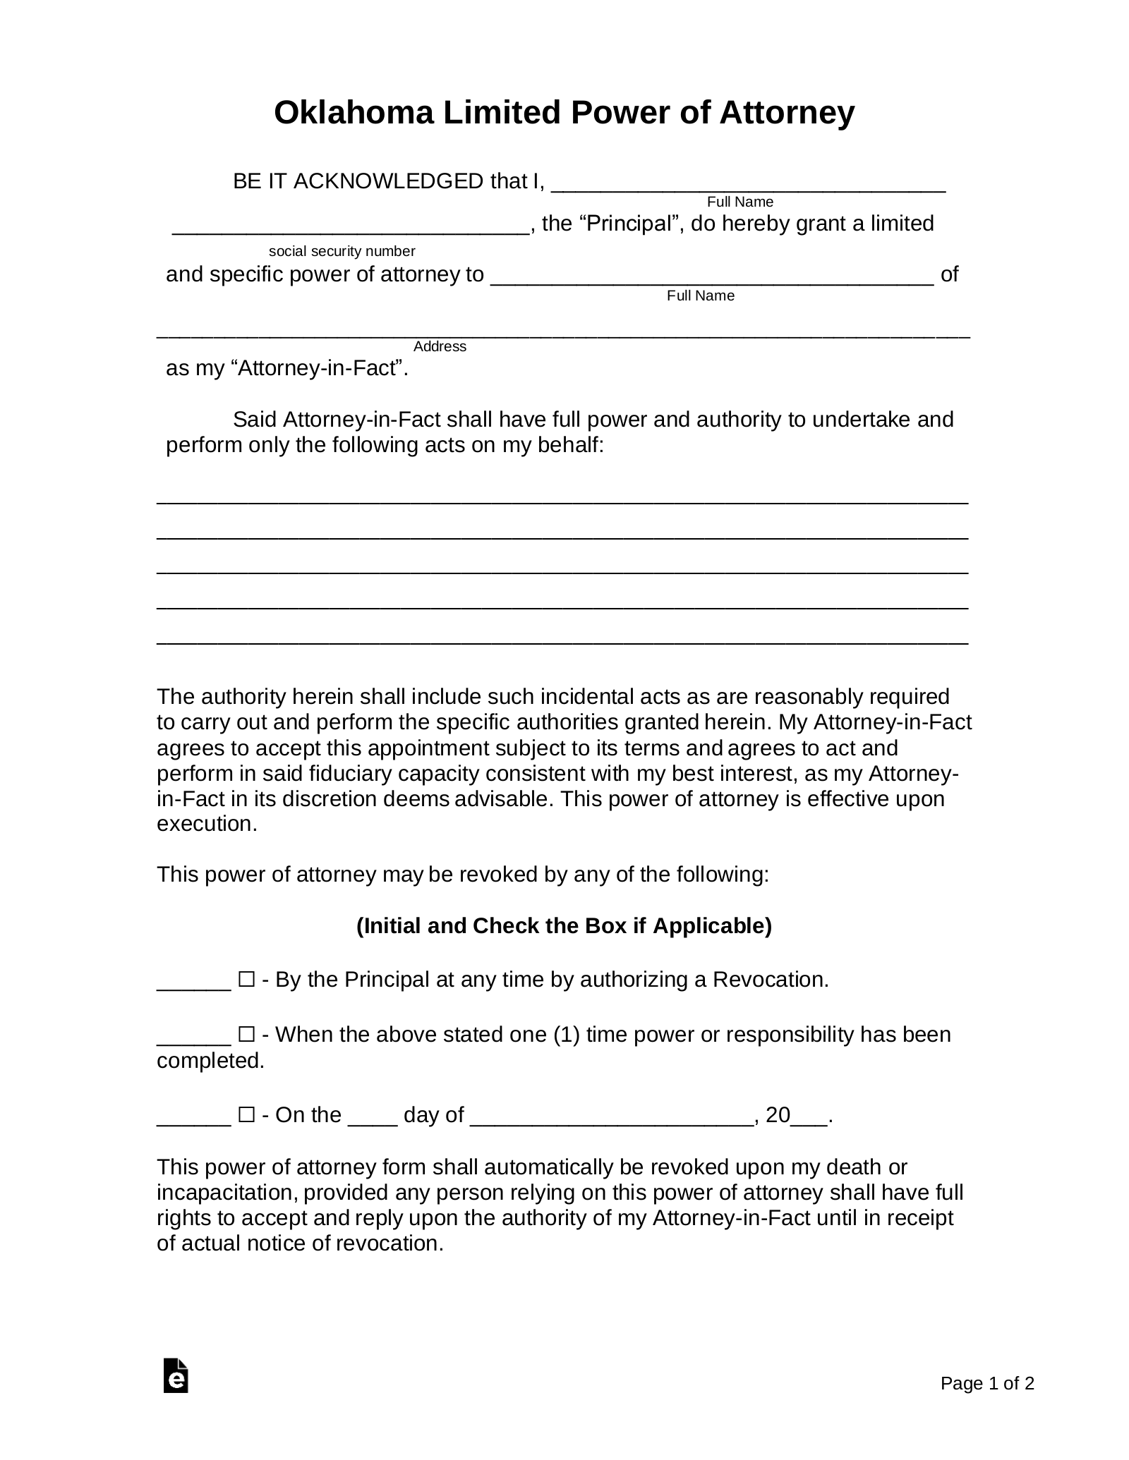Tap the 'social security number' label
342,252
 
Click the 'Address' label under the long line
440,346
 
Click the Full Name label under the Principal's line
740,202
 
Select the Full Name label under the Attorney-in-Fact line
701,296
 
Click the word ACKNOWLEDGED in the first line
388,182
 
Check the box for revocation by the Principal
246,980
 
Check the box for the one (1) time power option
246,1035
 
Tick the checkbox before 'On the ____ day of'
246,1115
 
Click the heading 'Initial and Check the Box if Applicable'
564,925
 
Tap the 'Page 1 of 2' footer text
986,1384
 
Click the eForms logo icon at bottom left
176,1375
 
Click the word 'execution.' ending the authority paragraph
207,825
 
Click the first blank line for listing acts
562,499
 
